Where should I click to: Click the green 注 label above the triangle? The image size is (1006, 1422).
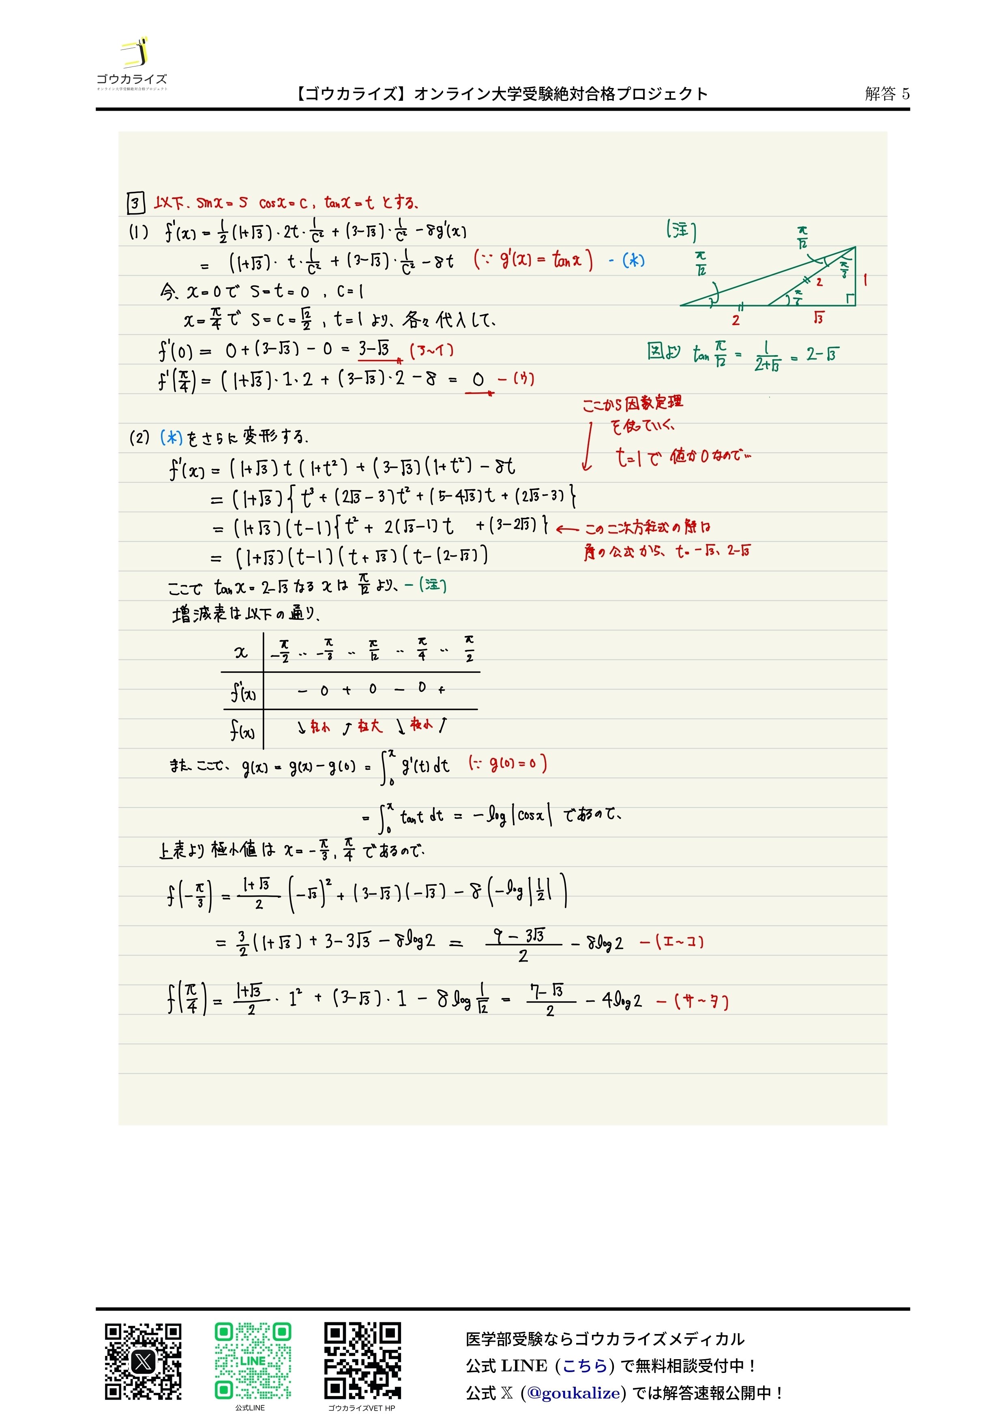pyautogui.click(x=681, y=230)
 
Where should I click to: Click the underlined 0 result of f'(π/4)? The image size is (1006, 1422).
pyautogui.click(x=478, y=380)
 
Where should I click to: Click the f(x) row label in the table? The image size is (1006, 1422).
pyautogui.click(x=242, y=731)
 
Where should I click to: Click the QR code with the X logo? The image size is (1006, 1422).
pyautogui.click(x=143, y=1361)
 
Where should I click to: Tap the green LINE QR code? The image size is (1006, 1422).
pyautogui.click(x=253, y=1361)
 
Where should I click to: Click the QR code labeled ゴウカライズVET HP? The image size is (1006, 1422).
pyautogui.click(x=363, y=1361)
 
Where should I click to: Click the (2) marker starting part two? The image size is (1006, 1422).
pyautogui.click(x=139, y=438)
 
